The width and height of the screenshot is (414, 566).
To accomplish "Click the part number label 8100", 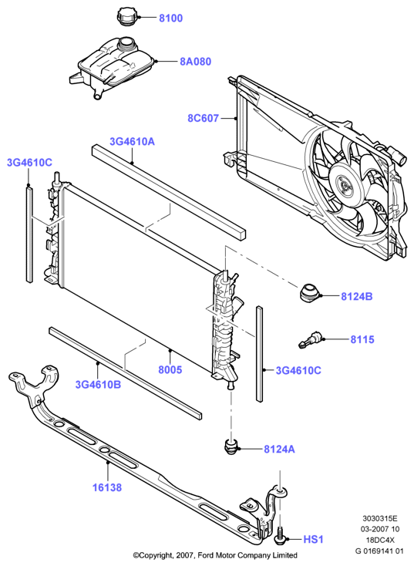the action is pyautogui.click(x=170, y=18).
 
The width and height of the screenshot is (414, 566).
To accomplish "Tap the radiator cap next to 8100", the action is pyautogui.click(x=126, y=17).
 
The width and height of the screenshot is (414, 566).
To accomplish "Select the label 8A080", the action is pyautogui.click(x=196, y=62).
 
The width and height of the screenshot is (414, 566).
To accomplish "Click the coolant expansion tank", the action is pyautogui.click(x=113, y=67).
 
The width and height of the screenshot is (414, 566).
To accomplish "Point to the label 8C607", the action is pyautogui.click(x=203, y=119).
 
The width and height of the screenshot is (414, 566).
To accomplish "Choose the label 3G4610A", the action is pyautogui.click(x=132, y=142).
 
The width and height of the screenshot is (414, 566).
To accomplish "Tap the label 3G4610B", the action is pyautogui.click(x=98, y=385).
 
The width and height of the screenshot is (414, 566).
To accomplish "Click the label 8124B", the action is pyautogui.click(x=357, y=296).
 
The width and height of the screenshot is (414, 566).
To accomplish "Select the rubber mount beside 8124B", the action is pyautogui.click(x=309, y=293).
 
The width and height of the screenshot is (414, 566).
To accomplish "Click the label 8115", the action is pyautogui.click(x=362, y=339).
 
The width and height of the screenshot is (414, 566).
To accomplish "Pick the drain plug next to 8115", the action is pyautogui.click(x=310, y=340).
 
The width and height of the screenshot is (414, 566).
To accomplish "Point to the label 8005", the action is pyautogui.click(x=170, y=369).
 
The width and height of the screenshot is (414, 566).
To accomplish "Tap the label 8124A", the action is pyautogui.click(x=279, y=449).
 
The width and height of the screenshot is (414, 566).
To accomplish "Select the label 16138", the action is pyautogui.click(x=107, y=487).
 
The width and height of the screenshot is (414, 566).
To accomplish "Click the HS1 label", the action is pyautogui.click(x=313, y=540).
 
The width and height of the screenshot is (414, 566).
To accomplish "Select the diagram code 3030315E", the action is pyautogui.click(x=380, y=519).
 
